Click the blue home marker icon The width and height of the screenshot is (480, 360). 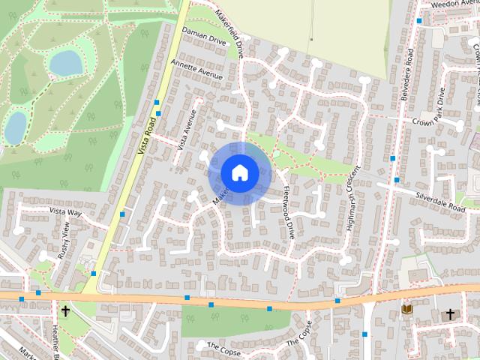tap(239, 172)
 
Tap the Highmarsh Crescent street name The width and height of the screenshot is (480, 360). tap(353, 196)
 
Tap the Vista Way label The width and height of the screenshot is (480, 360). tap(64, 212)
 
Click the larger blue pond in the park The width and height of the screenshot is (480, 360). tap(66, 63)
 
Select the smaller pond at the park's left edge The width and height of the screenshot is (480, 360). tap(15, 127)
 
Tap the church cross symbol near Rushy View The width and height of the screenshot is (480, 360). tap(65, 310)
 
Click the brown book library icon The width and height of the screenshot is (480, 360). tap(407, 309)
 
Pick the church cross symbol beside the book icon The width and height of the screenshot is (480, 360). tap(450, 313)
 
